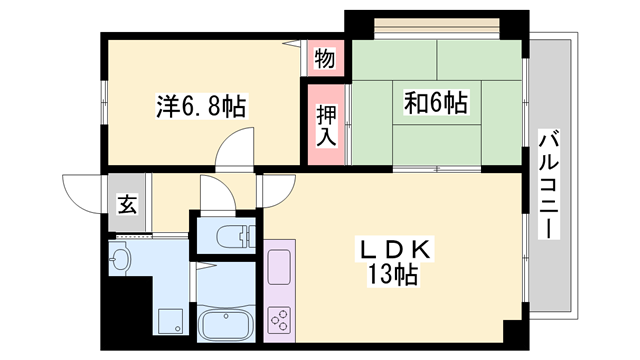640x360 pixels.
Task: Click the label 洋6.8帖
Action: tap(201, 103)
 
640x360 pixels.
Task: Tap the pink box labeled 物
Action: tap(325, 58)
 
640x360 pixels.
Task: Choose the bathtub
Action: tap(227, 325)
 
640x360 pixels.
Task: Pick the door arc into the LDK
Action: tap(278, 187)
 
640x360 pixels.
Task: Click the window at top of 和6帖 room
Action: tap(437, 23)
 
